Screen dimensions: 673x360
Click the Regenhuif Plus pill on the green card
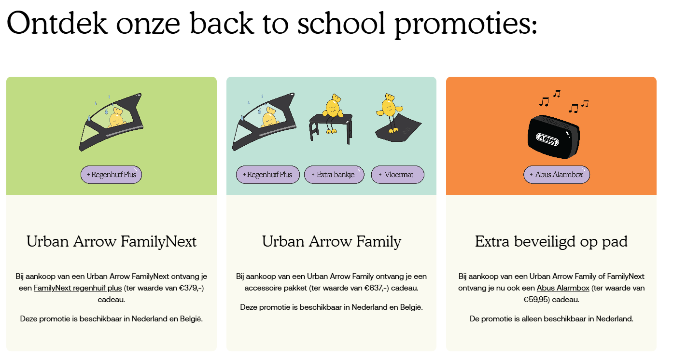tap(111, 174)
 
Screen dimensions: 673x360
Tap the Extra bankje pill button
tap(334, 174)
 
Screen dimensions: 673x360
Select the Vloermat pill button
tap(397, 174)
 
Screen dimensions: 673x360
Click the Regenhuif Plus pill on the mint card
tap(267, 174)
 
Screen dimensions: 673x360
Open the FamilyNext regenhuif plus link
tap(78, 288)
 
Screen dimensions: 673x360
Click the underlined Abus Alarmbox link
tap(563, 288)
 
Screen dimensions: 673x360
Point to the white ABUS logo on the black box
tap(547, 139)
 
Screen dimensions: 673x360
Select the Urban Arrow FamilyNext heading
tap(112, 241)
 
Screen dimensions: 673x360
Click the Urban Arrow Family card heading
tap(331, 242)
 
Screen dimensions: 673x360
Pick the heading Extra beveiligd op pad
tap(551, 242)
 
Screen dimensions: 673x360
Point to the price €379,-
tap(190, 288)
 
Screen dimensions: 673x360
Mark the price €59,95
tap(535, 300)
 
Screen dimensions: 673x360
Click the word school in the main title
tap(341, 24)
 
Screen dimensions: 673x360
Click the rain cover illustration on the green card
tap(111, 122)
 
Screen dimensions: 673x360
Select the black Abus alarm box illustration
tap(554, 137)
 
